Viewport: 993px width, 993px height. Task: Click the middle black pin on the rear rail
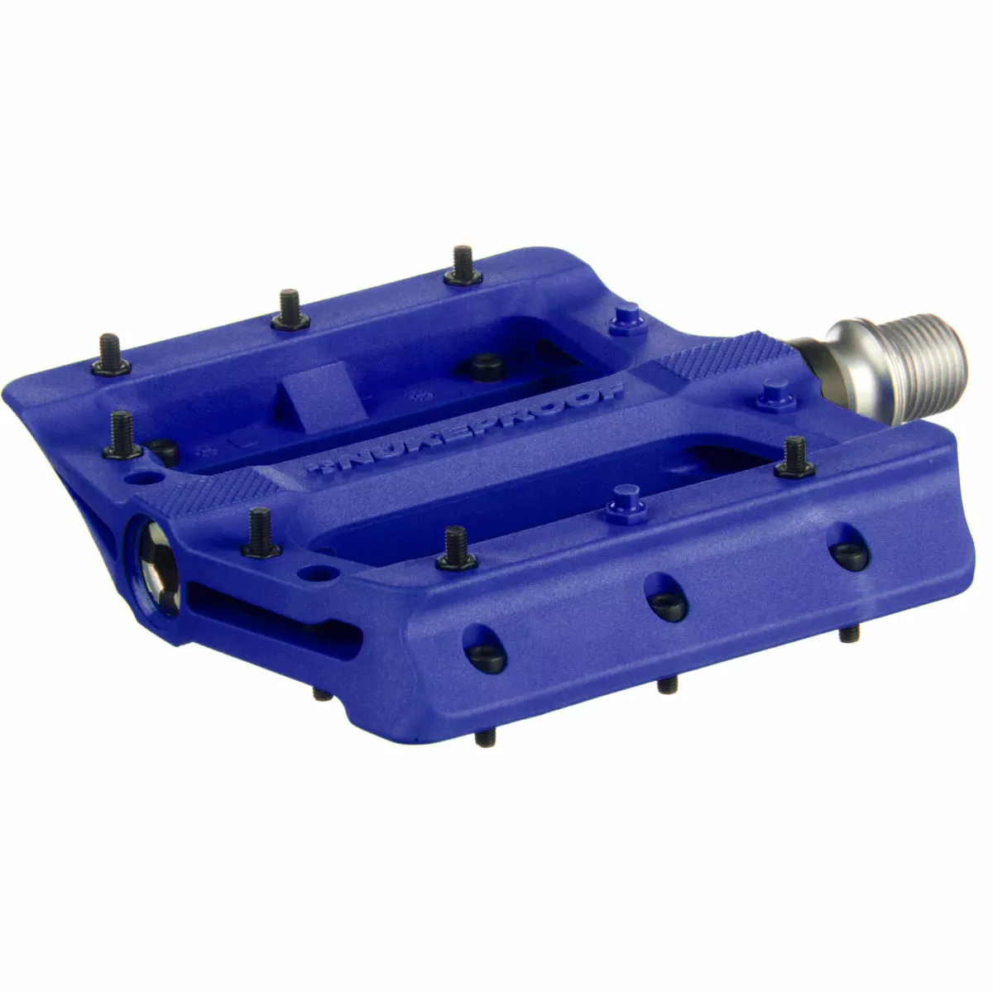pyautogui.click(x=288, y=310)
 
